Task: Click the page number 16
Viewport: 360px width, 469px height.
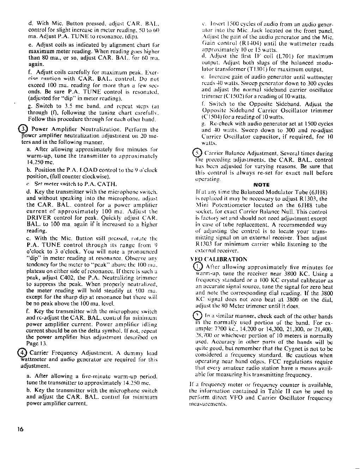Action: tap(20, 429)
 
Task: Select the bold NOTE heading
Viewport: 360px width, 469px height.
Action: tap(261, 185)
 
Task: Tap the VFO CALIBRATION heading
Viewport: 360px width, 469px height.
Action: tap(219, 259)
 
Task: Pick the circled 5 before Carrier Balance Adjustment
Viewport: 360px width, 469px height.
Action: tap(196, 153)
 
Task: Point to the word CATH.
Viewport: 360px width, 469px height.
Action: tap(107, 184)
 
